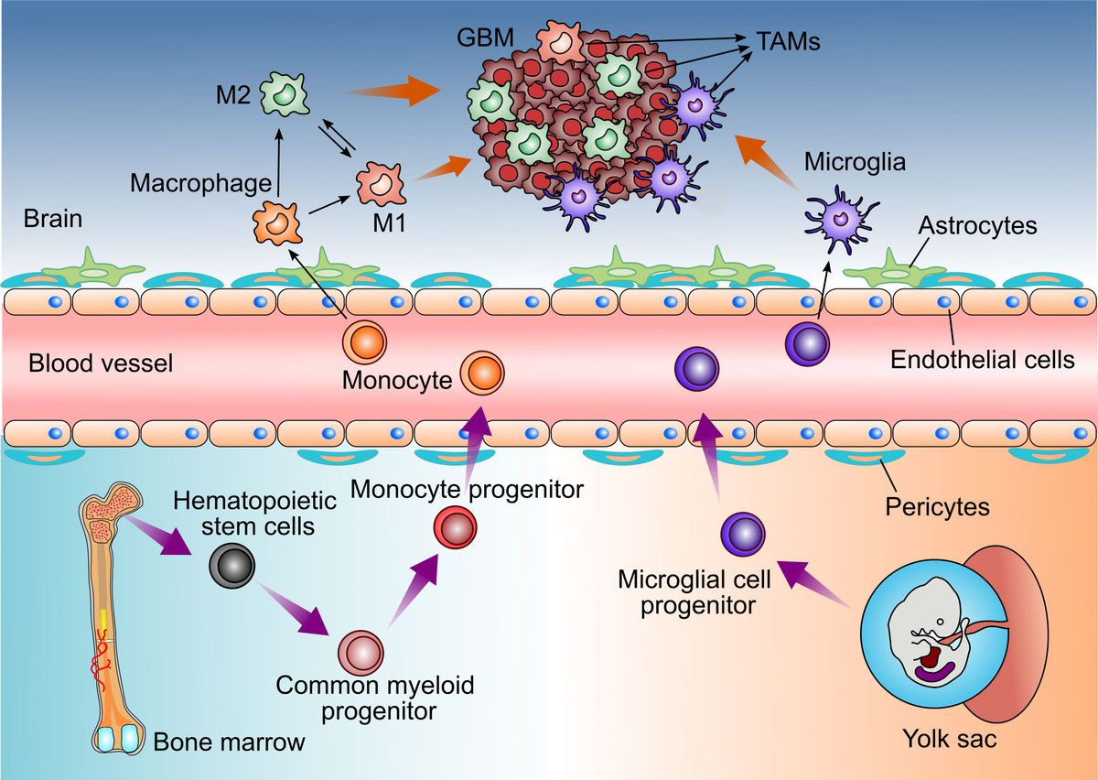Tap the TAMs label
788,41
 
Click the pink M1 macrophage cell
380,183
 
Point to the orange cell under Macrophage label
276,222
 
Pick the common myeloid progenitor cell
361,653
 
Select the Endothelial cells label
983,360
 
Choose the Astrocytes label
978,225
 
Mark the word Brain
53,219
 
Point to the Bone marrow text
229,742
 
